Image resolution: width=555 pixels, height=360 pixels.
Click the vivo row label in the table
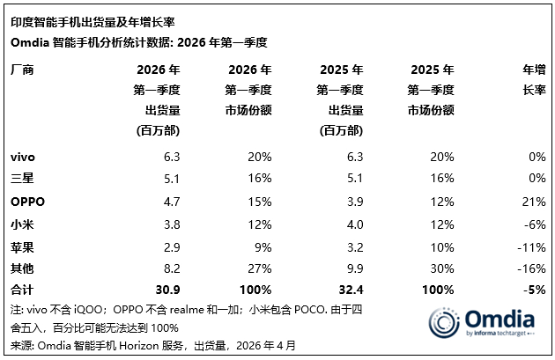[x=23, y=157]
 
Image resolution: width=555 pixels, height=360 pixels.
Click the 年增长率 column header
[x=532, y=79]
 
